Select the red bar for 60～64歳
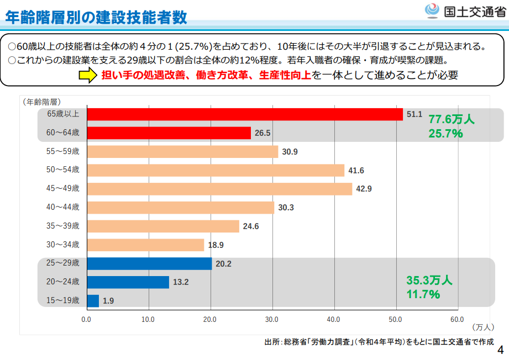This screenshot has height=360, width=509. (169, 133)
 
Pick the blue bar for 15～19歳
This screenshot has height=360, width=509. (93, 301)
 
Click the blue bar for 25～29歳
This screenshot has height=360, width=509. (149, 263)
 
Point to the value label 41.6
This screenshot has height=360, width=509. (356, 171)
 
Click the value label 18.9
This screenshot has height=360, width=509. (216, 245)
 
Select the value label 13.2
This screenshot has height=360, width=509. (181, 282)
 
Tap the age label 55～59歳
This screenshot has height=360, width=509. (63, 151)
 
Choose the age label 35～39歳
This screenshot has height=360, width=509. (63, 226)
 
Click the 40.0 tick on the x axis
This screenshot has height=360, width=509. (333, 319)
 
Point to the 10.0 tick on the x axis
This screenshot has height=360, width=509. (148, 319)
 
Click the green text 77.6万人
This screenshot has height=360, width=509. (452, 119)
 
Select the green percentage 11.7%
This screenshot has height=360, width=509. (423, 294)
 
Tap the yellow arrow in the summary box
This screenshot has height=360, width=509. (87, 76)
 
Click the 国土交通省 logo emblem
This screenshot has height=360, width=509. (432, 10)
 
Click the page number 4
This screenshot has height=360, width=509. (501, 350)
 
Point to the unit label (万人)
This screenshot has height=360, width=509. (484, 327)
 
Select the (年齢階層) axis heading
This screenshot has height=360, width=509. (41, 102)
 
